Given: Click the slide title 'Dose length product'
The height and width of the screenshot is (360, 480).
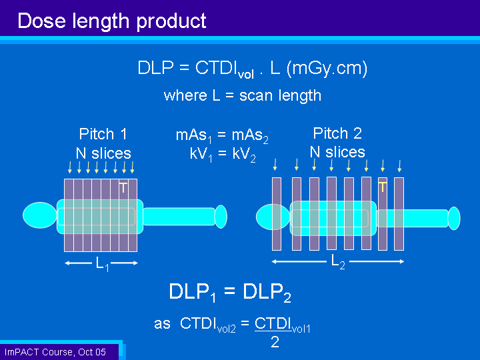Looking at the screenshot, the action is (x=112, y=21).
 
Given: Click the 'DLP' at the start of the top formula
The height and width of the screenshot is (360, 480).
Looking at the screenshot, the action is (x=155, y=67).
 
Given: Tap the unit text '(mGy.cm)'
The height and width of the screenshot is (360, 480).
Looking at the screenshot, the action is (x=327, y=69).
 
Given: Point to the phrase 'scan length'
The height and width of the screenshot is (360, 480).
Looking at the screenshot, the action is (x=280, y=96).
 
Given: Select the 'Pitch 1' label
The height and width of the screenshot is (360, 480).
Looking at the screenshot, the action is (x=103, y=134).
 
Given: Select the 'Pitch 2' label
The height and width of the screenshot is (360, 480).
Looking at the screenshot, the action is (x=337, y=133).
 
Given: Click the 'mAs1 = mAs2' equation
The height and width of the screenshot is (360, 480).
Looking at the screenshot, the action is (x=222, y=135).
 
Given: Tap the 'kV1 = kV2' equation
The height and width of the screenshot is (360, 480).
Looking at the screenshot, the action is (x=223, y=154).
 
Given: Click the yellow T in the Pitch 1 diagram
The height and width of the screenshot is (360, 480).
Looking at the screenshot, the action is (x=123, y=187).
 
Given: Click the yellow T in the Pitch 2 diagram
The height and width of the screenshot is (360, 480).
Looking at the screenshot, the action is (x=383, y=187).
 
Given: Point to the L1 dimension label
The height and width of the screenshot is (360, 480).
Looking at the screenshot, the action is (x=102, y=264).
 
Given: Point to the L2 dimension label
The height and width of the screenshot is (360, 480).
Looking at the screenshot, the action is (x=338, y=263).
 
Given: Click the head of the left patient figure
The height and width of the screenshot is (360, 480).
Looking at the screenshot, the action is (x=40, y=215).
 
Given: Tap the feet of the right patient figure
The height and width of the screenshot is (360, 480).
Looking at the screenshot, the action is (x=454, y=218).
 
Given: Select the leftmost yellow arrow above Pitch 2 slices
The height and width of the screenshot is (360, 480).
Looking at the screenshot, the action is (x=275, y=165).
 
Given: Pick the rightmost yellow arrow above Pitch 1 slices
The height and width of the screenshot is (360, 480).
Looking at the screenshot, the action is (x=132, y=167).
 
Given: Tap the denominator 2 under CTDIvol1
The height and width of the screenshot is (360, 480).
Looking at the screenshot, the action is (x=275, y=342).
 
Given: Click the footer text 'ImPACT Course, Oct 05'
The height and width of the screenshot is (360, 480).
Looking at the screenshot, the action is (x=55, y=352).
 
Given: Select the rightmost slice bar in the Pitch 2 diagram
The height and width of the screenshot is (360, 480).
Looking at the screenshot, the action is (x=399, y=214).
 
